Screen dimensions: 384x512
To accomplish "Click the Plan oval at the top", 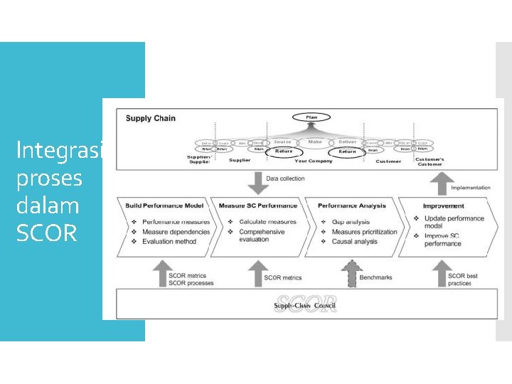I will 311,117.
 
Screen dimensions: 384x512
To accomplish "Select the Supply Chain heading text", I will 151,118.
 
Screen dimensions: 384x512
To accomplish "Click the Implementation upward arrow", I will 440,184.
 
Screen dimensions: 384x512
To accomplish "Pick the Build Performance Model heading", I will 164,206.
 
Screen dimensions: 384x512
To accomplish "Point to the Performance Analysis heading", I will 352,206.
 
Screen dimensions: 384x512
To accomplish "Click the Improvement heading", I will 444,206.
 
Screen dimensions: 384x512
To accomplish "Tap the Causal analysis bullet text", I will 355,242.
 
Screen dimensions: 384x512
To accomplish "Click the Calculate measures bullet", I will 268,222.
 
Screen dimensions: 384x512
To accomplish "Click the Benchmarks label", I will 376,277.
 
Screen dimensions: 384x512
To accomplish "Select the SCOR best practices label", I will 464,279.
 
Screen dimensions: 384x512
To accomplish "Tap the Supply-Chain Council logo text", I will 304,306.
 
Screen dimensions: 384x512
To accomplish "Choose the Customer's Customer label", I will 430,161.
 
